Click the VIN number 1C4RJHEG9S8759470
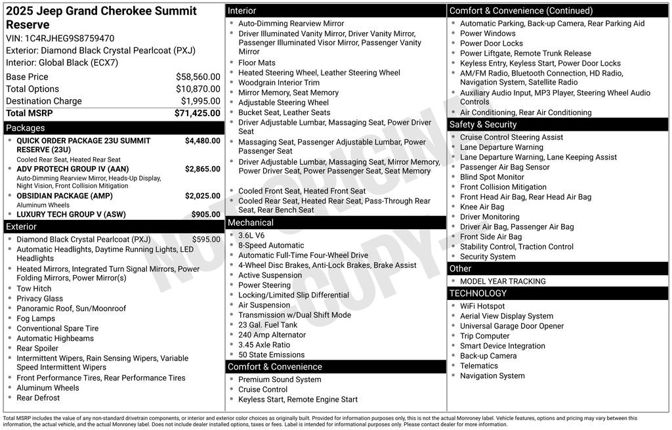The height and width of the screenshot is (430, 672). click(70, 38)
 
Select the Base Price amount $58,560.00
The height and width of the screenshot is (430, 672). click(198, 77)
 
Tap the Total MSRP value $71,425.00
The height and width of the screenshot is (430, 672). click(197, 113)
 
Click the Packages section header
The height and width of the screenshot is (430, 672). click(26, 128)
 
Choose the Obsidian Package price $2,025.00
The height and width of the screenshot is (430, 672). click(202, 196)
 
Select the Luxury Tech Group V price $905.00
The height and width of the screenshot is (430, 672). click(205, 214)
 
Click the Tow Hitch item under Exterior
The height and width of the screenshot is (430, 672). click(33, 289)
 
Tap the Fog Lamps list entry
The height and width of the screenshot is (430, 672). click(35, 318)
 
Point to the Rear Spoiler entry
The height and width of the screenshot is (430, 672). click(37, 349)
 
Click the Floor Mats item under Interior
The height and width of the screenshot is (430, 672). click(257, 63)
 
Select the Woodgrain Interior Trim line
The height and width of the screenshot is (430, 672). click(279, 83)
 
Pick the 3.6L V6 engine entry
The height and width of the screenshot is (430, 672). click(251, 236)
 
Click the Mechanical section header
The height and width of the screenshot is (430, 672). click(251, 223)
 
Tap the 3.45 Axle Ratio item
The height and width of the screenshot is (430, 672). click(264, 345)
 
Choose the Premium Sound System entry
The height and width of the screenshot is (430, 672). click(280, 379)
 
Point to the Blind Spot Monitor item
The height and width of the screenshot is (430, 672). click(492, 177)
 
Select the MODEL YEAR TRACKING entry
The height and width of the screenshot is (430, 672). click(503, 282)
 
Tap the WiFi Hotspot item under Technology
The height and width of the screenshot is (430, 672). click(482, 306)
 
